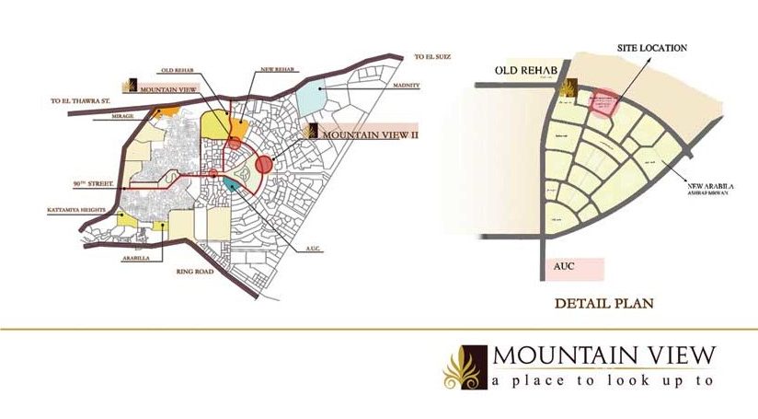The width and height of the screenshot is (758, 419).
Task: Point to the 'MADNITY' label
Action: coord(406,86)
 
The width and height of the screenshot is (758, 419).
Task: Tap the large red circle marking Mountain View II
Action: coord(264,165)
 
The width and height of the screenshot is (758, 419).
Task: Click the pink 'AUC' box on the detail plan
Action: coord(571,267)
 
